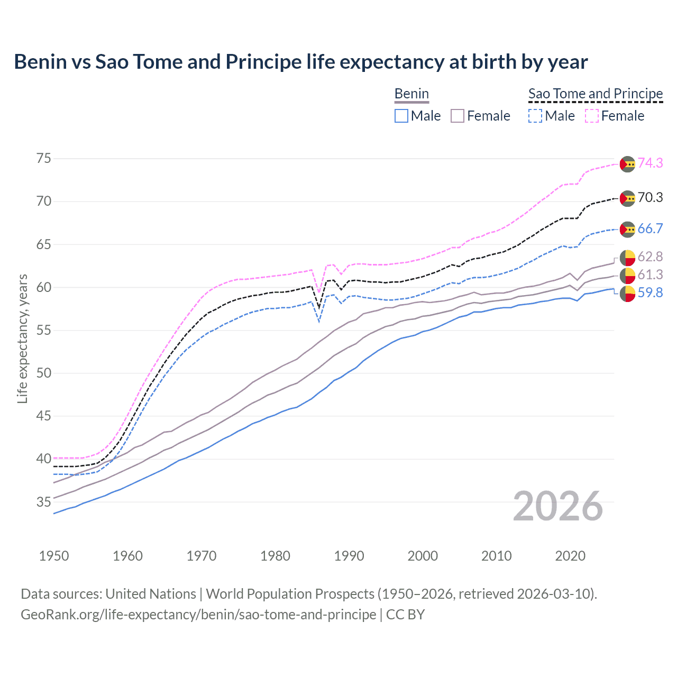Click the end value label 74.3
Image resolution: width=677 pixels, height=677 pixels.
650,163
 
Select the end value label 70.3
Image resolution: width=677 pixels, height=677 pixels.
650,198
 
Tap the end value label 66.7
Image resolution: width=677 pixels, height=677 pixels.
650,229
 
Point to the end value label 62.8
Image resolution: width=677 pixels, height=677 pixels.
650,257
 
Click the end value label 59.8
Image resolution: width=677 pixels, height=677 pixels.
650,293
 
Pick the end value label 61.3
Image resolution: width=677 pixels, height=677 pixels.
650,275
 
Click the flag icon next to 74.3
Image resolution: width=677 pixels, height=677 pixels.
627,164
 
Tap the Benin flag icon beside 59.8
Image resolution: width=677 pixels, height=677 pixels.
627,294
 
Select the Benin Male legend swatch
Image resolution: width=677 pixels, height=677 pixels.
401,116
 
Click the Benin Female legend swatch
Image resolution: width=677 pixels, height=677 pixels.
458,116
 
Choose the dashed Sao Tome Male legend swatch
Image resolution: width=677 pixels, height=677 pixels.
535,116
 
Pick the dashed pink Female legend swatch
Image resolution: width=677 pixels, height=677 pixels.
592,116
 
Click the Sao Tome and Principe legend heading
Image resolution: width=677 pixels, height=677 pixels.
596,94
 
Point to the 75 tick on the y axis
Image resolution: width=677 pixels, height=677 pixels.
44,159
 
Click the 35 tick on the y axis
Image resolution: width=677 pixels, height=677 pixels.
44,502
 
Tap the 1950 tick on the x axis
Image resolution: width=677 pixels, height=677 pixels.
54,556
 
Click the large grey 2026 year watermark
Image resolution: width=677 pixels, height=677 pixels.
558,507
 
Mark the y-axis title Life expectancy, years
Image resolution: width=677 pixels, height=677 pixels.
22,338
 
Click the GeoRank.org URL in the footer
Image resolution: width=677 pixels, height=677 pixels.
198,615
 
